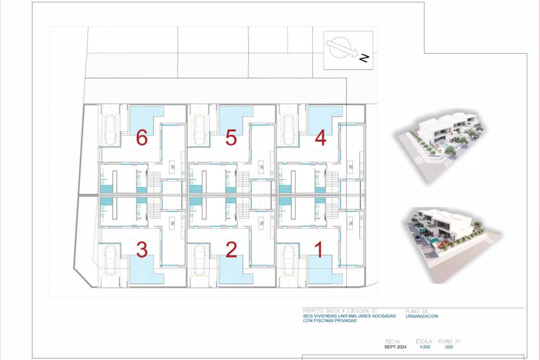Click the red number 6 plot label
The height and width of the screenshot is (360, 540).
click(142, 139)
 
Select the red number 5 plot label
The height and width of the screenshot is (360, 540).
click(231, 139)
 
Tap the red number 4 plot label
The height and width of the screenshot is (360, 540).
click(320, 139)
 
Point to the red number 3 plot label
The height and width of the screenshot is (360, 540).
click(142, 250)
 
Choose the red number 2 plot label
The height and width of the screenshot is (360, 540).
click(231, 250)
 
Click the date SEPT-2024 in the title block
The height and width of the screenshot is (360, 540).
click(396, 347)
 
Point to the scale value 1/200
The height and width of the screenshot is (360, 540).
click(424, 347)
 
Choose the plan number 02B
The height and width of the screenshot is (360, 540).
click(449, 347)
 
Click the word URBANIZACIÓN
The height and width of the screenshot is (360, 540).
click(422, 316)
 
